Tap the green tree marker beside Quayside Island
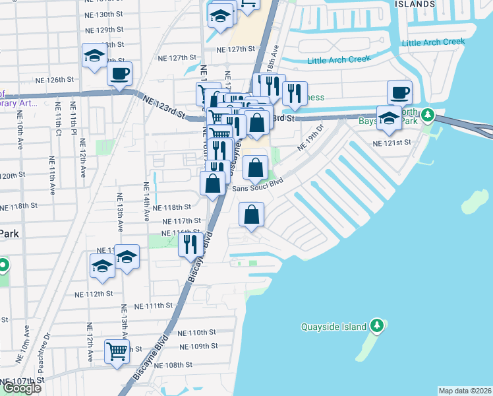tap(376, 326)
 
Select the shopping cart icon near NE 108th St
tap(117, 352)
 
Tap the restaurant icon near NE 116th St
tap(190, 244)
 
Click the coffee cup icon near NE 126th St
tap(119, 74)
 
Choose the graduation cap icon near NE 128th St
tap(94, 56)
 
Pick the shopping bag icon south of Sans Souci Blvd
tap(251, 214)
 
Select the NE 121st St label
tap(391, 143)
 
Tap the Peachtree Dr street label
tap(46, 348)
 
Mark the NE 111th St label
tap(155, 306)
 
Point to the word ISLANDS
tap(415, 3)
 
